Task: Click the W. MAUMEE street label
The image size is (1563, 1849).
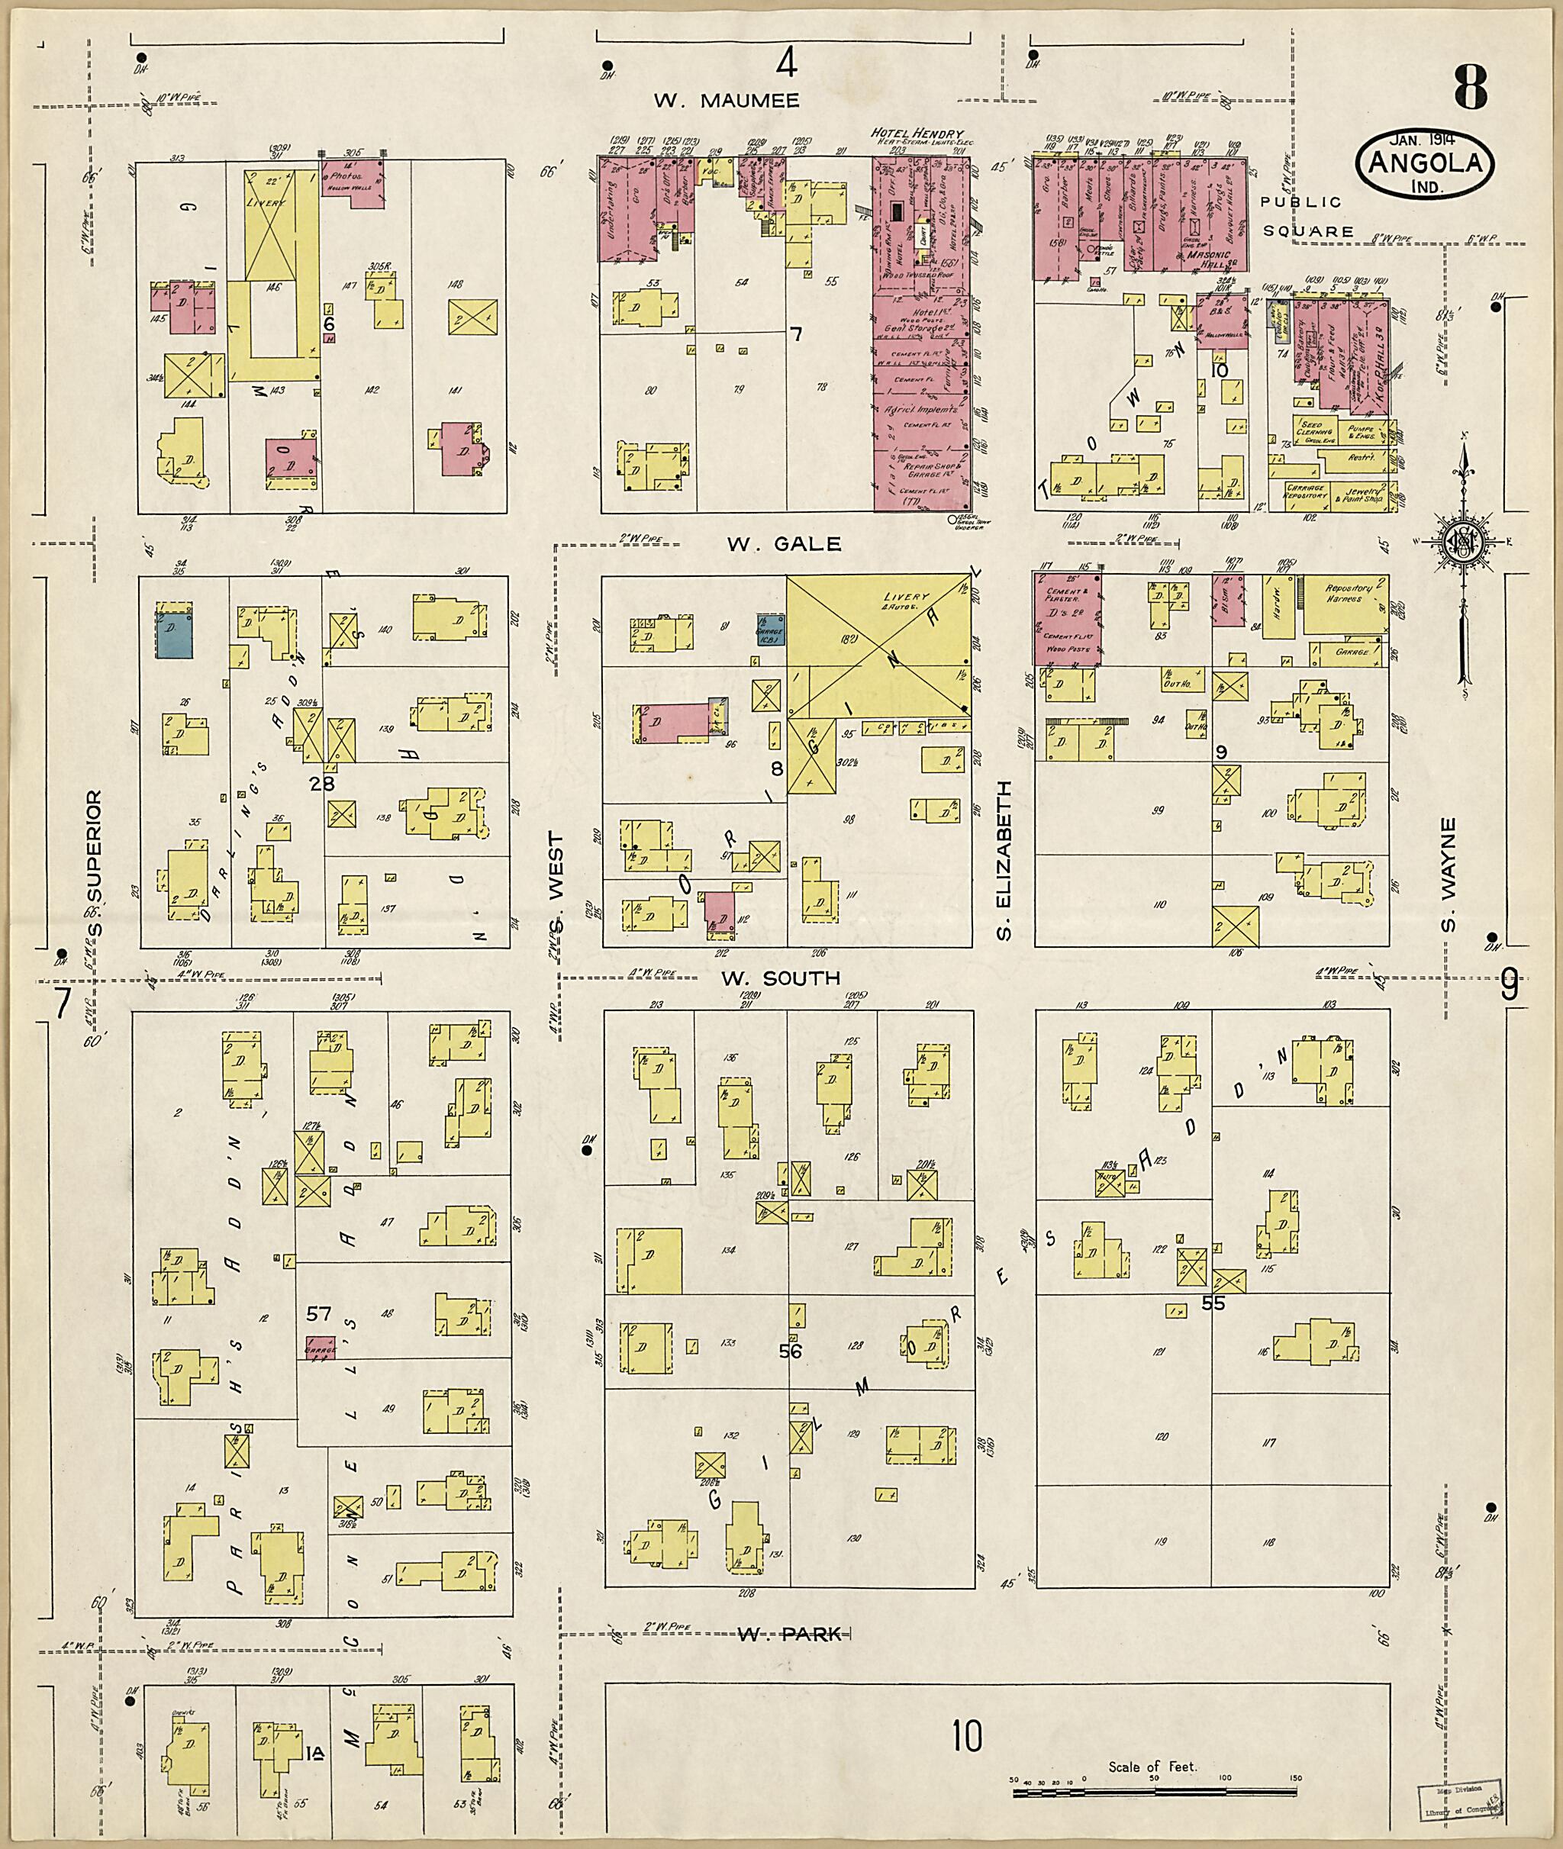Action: pyautogui.click(x=727, y=100)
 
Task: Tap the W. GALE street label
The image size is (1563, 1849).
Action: pyautogui.click(x=784, y=544)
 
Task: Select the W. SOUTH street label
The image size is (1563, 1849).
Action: pyautogui.click(x=780, y=978)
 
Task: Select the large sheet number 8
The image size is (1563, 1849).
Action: pyautogui.click(x=1470, y=89)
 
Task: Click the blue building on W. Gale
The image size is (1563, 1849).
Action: pyautogui.click(x=175, y=633)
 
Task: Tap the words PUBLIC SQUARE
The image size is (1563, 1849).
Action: pyautogui.click(x=1307, y=216)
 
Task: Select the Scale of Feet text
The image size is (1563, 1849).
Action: pyautogui.click(x=1152, y=1767)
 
